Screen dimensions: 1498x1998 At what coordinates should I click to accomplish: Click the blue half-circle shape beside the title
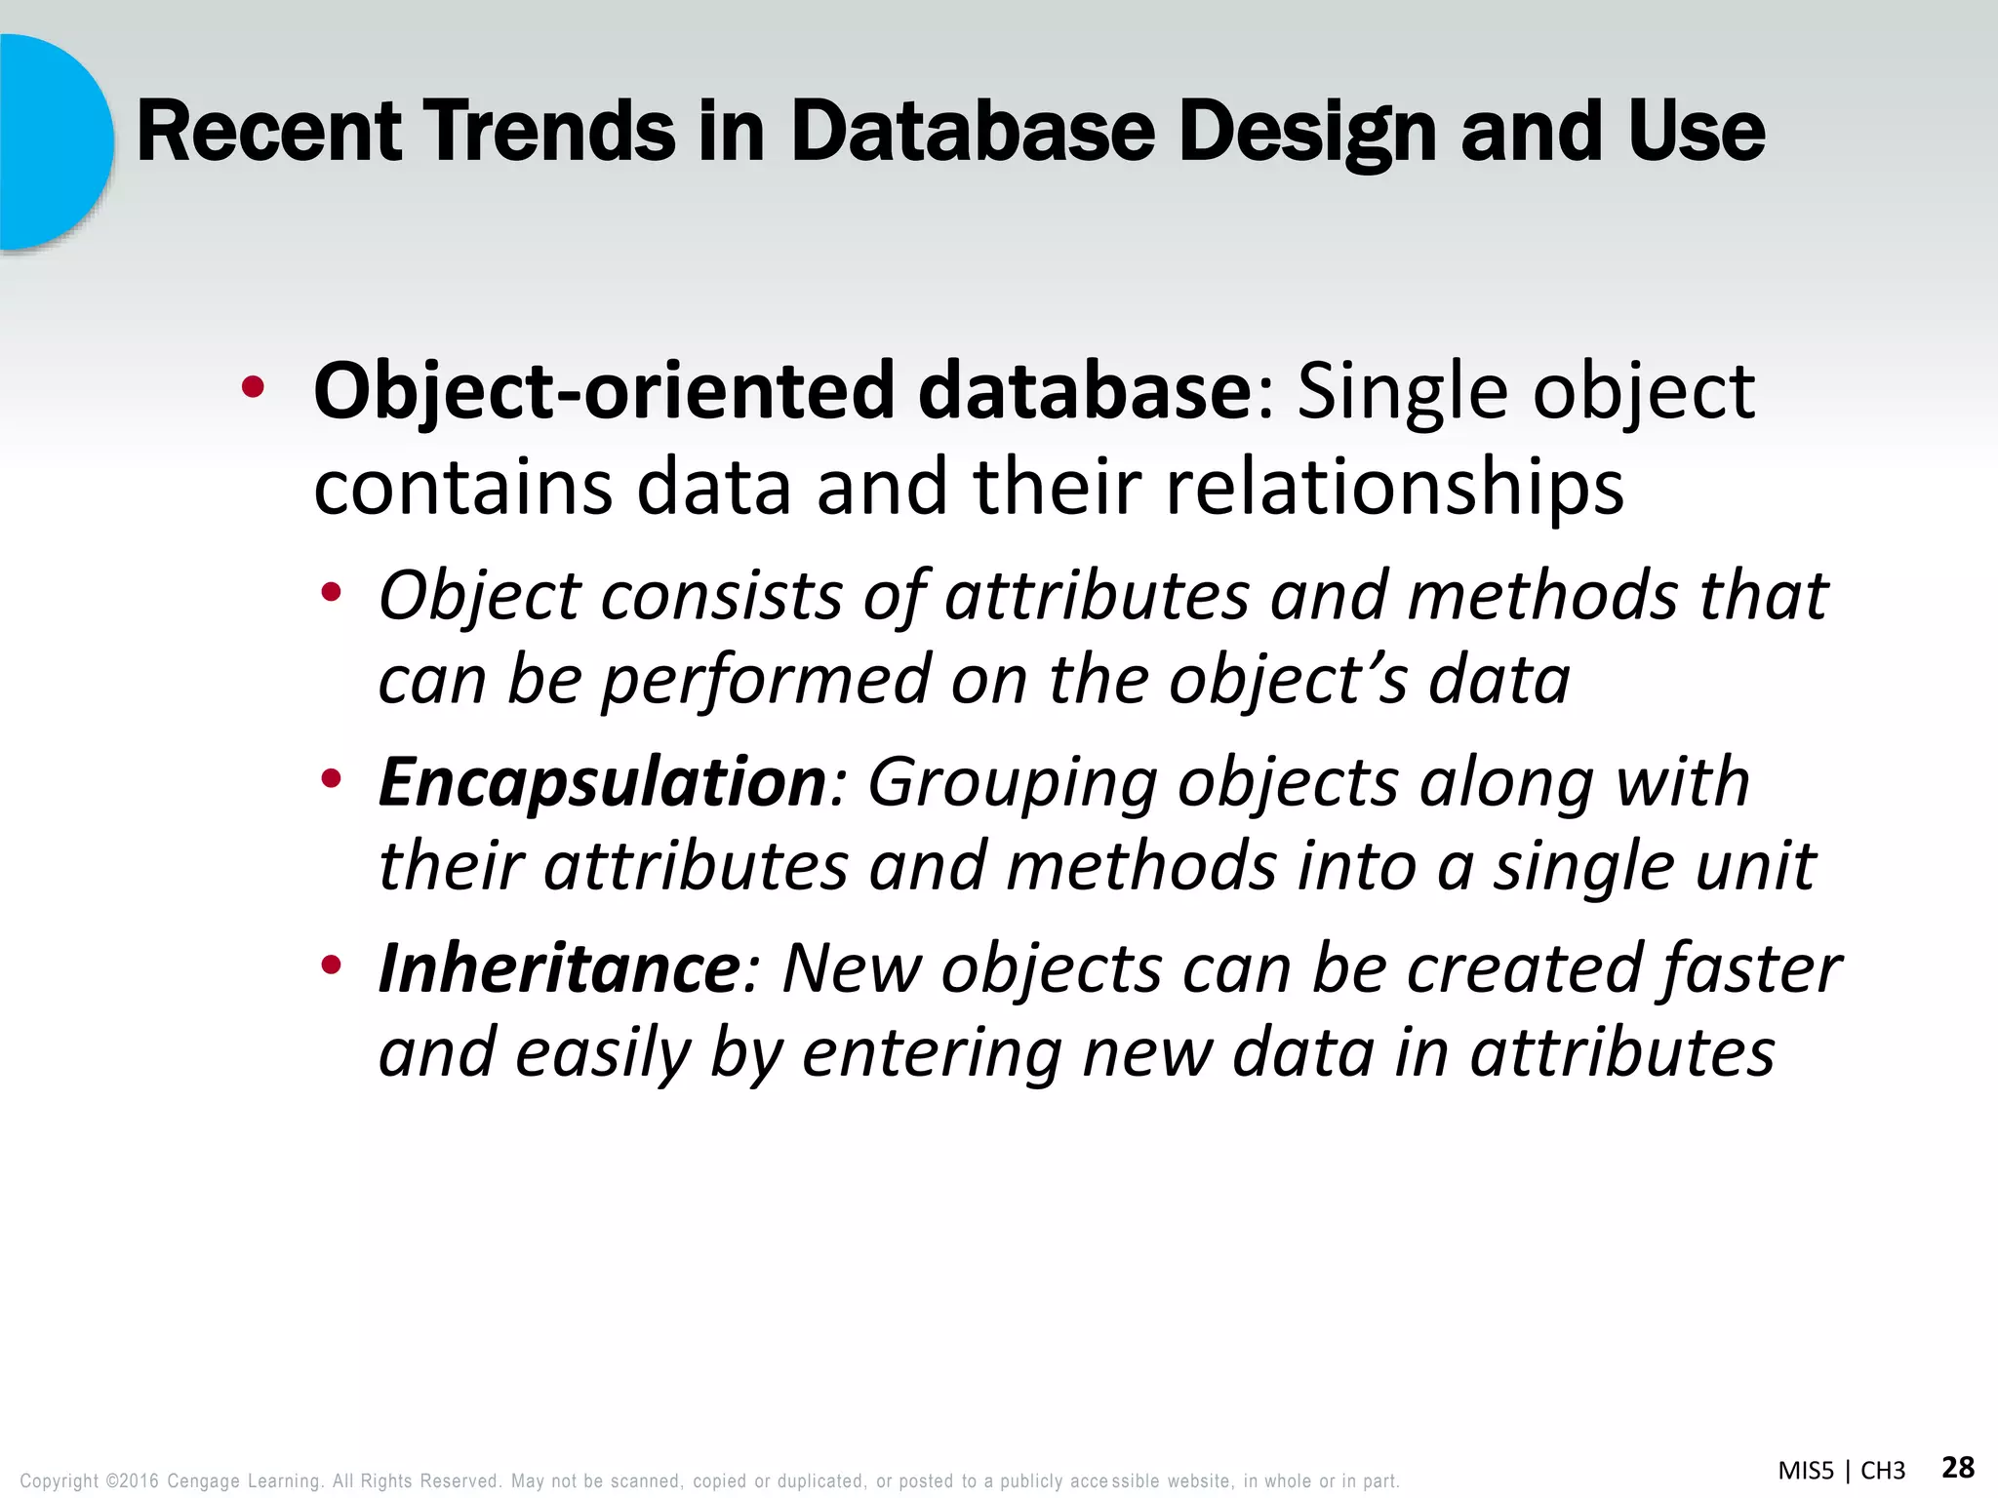[x=49, y=141]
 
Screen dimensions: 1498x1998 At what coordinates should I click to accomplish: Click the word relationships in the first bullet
[x=1395, y=488]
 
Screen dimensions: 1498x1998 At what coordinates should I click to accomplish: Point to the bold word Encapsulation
[x=603, y=783]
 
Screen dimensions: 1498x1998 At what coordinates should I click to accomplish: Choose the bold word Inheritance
[x=560, y=969]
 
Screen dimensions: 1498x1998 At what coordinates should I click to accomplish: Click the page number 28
[x=1958, y=1468]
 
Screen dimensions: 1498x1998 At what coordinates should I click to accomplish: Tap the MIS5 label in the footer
[x=1806, y=1471]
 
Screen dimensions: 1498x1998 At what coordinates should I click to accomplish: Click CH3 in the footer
[x=1883, y=1471]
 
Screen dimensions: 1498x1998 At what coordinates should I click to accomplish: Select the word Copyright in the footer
[x=60, y=1481]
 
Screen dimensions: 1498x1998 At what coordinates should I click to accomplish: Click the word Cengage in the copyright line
[x=203, y=1481]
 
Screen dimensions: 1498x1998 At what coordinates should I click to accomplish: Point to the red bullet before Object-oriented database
[x=253, y=388]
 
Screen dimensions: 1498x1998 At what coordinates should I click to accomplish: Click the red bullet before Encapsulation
[x=332, y=778]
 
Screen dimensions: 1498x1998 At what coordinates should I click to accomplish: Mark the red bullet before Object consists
[x=332, y=591]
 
